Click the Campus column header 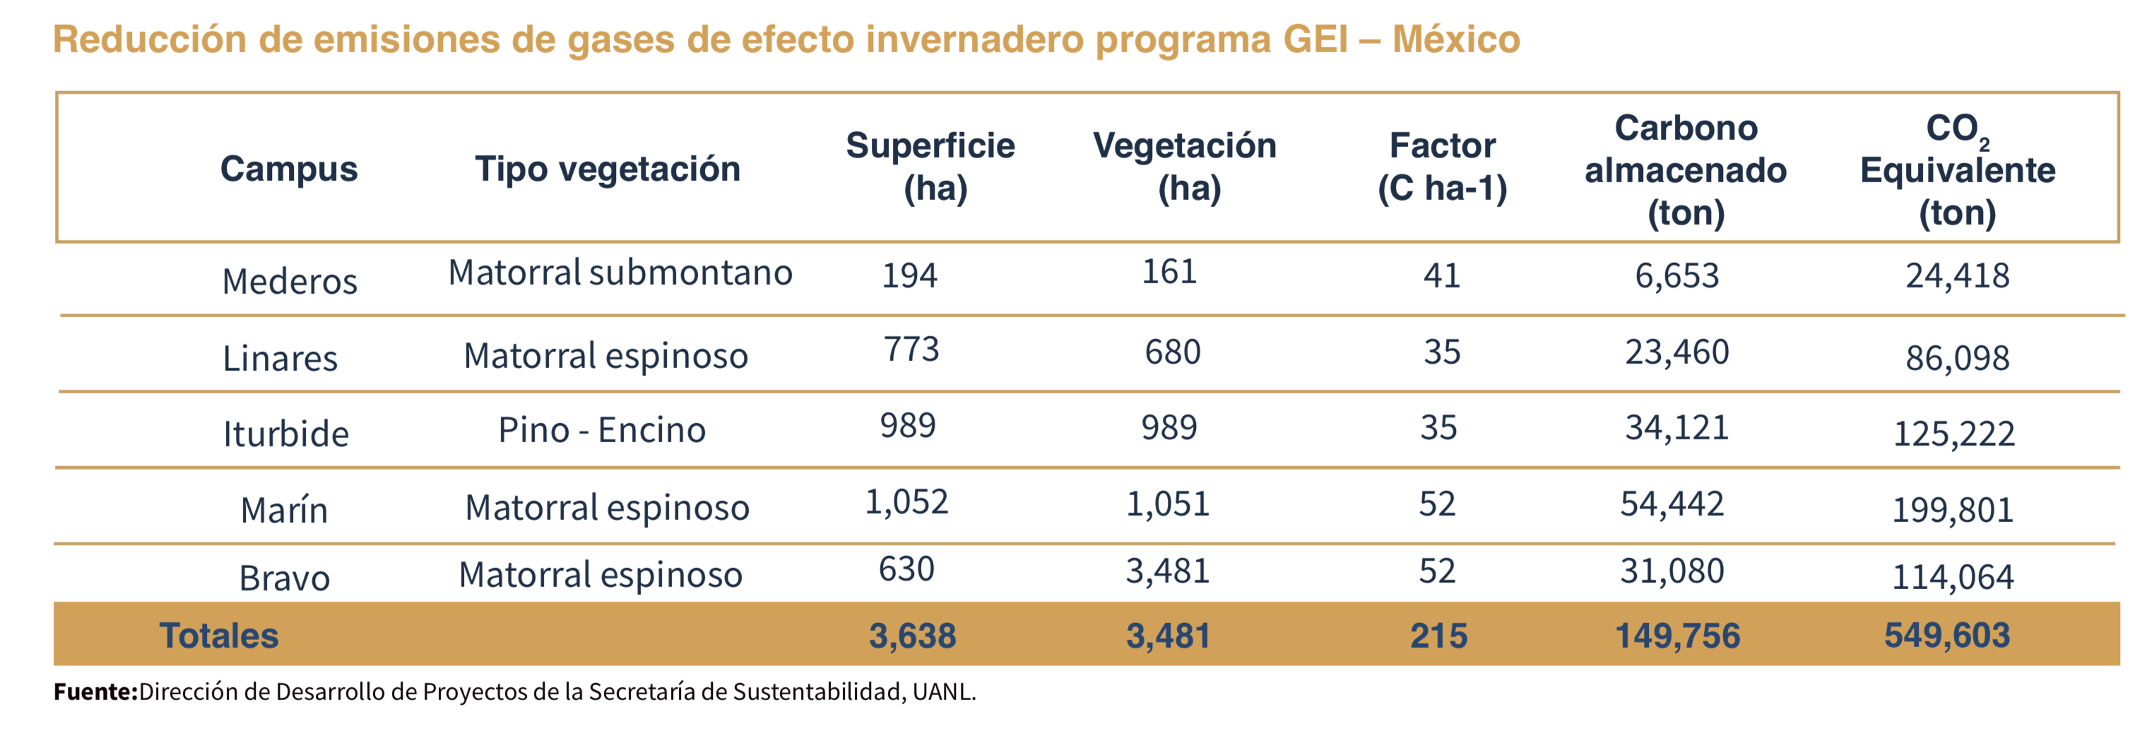[x=288, y=169]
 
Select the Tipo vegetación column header [x=607, y=169]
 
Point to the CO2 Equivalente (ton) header [x=1958, y=170]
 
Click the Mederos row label [x=290, y=281]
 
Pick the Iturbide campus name [x=285, y=433]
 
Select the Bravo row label [x=285, y=578]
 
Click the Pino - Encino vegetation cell [x=601, y=429]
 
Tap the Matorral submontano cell [x=620, y=272]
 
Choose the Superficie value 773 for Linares [x=911, y=349]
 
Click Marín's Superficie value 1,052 [x=906, y=502]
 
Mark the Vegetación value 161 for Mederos [x=1168, y=272]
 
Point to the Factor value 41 [x=1441, y=275]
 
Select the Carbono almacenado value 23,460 [x=1676, y=352]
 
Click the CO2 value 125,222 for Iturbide [x=1953, y=433]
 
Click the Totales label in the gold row [x=219, y=636]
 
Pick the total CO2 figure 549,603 [x=1946, y=635]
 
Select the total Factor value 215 [x=1438, y=636]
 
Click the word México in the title [x=1456, y=39]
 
